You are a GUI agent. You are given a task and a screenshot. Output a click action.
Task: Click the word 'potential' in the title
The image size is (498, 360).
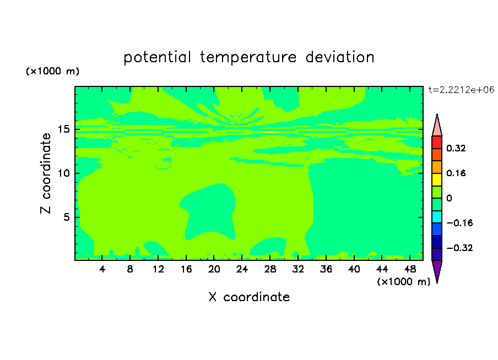(158, 57)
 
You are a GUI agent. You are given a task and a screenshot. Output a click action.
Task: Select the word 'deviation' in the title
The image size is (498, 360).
(340, 57)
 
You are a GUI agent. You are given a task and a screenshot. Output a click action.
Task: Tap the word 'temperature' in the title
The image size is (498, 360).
(248, 58)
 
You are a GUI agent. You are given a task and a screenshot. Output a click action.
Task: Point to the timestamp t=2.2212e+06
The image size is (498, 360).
(462, 90)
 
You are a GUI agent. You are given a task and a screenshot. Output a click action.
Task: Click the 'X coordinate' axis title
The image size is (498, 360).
(249, 297)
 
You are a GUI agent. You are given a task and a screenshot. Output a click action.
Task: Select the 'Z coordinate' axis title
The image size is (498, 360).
(46, 173)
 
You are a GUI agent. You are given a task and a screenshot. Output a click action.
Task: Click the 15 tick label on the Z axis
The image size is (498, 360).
(63, 129)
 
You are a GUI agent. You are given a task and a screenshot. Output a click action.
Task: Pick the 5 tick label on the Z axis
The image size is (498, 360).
(66, 217)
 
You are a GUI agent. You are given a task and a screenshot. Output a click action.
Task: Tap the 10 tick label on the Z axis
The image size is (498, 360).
(63, 173)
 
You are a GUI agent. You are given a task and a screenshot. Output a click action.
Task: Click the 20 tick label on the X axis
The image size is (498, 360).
(214, 269)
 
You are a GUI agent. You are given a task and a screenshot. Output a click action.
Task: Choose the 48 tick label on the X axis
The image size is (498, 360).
(410, 269)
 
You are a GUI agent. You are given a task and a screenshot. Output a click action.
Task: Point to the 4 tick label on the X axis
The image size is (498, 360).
(102, 269)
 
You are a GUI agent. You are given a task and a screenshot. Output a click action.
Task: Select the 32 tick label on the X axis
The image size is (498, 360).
(298, 269)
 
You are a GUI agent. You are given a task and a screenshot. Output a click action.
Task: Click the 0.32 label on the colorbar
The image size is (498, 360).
(456, 148)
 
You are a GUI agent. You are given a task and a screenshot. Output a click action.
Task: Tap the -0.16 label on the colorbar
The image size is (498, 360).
(459, 223)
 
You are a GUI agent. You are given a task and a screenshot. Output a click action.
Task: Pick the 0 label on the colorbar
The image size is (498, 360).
(449, 198)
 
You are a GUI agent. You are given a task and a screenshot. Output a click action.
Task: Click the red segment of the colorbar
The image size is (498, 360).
(437, 142)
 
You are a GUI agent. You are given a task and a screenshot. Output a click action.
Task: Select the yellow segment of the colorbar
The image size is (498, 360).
(437, 179)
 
